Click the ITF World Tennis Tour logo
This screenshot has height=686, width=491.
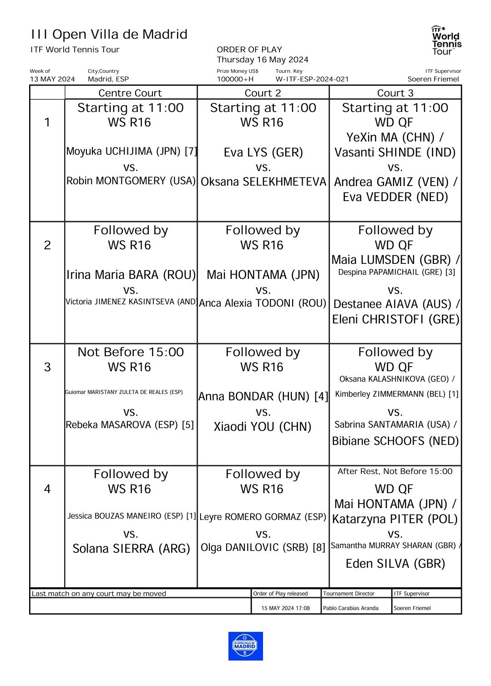pos(446,40)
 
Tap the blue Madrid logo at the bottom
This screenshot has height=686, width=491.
pos(245,646)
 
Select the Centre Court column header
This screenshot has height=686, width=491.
pos(130,93)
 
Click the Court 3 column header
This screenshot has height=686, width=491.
pos(395,93)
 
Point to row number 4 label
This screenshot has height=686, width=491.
pos(47,489)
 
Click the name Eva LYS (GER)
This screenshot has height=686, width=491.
pos(263,152)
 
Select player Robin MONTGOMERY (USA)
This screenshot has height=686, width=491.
pos(131,181)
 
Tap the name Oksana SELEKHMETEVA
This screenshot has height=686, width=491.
pos(263,182)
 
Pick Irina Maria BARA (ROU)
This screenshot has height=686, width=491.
pos(131,275)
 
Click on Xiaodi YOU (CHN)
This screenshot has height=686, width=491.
pos(263,427)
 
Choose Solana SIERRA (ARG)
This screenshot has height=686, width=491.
pos(131,549)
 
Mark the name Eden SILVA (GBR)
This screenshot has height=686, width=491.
pos(395,564)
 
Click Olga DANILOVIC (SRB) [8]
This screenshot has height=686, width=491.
pos(263,547)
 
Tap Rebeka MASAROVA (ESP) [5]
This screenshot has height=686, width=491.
pos(130,425)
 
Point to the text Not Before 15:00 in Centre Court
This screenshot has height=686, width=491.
pos(131,352)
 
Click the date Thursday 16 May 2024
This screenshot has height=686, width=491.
pos(263,60)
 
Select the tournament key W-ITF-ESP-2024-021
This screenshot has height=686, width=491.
pos(312,79)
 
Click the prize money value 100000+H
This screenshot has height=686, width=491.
pos(235,79)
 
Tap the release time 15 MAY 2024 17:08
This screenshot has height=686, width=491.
pos(286,608)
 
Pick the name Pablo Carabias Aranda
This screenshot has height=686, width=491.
pos(350,608)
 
